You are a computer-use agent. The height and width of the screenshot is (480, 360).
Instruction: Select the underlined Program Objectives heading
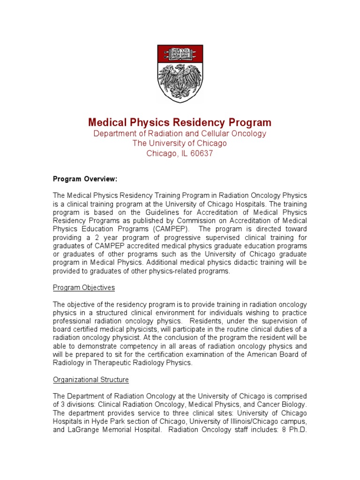tap(83, 287)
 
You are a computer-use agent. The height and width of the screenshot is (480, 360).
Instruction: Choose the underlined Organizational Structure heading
tap(90, 380)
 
